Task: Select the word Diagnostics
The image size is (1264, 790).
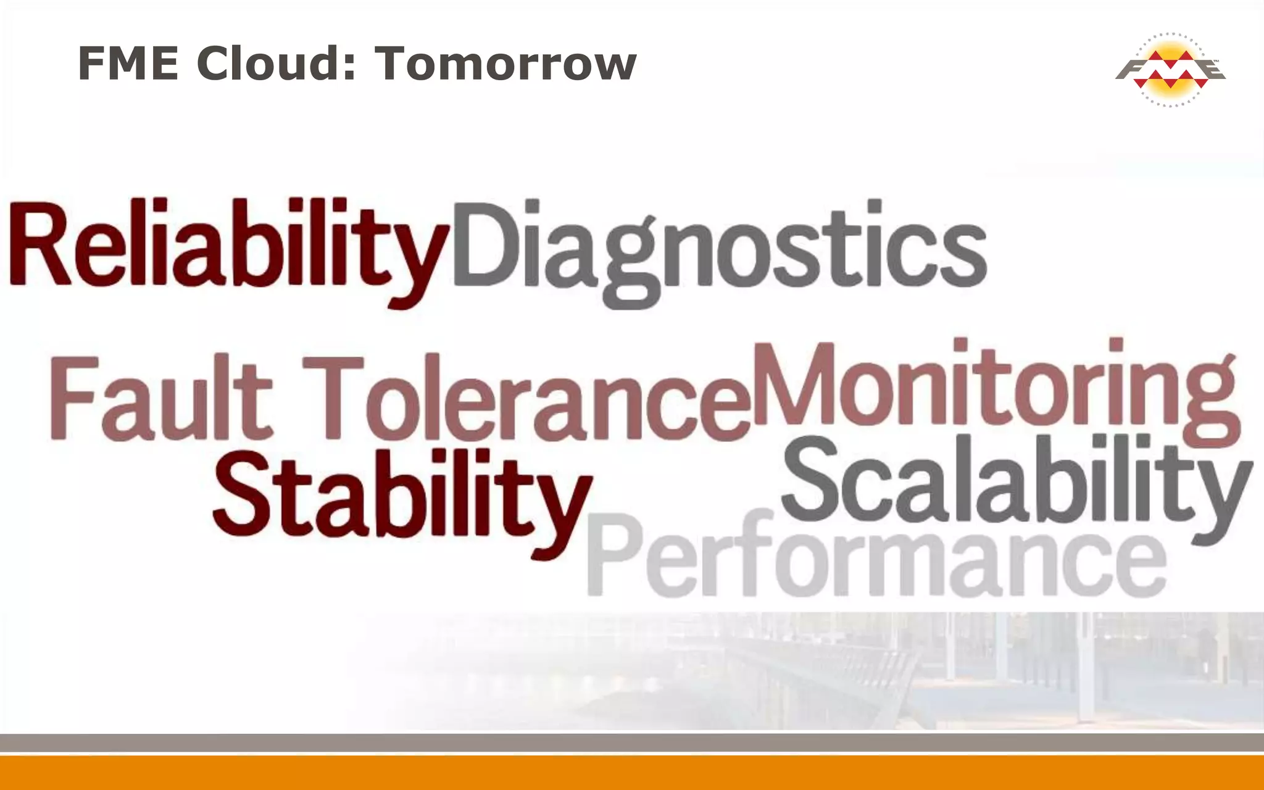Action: (x=719, y=247)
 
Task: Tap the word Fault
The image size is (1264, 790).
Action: (x=160, y=398)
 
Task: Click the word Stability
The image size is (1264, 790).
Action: (x=401, y=494)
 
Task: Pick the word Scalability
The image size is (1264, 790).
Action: (x=1015, y=481)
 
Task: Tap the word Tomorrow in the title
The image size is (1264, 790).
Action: (x=505, y=64)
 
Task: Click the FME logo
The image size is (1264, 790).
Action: (x=1170, y=69)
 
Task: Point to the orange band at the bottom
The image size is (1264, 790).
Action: (x=632, y=773)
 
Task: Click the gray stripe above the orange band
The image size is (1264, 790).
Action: (x=632, y=742)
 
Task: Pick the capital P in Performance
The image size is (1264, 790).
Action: (x=614, y=555)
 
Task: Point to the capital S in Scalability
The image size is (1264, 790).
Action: (x=815, y=478)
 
